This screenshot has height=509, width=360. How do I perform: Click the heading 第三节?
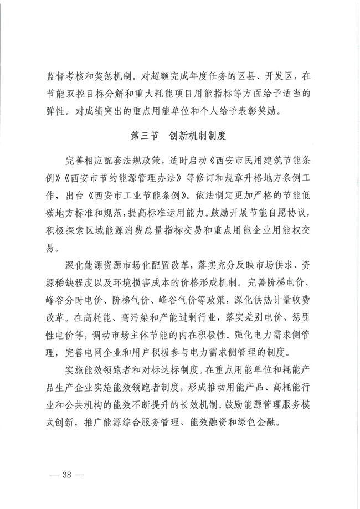tap(145, 135)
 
